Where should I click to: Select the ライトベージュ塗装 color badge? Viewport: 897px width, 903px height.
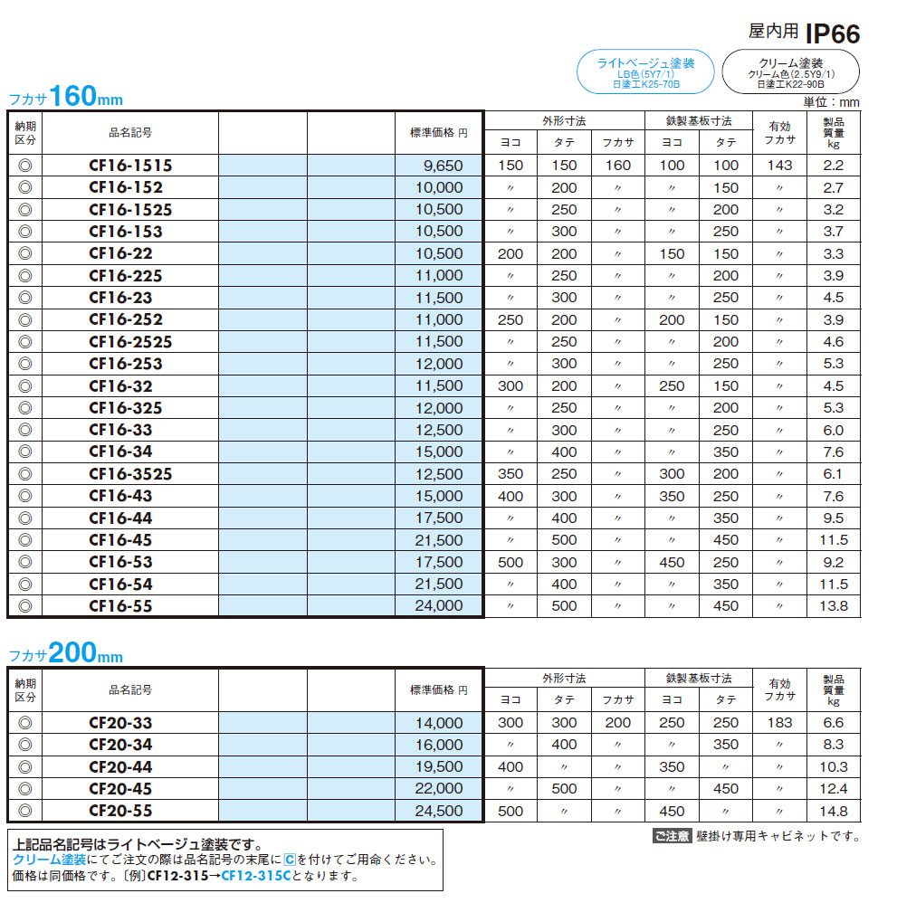coord(645,72)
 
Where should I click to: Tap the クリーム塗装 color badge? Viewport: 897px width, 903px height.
coord(791,72)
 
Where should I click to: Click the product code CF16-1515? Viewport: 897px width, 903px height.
coord(130,166)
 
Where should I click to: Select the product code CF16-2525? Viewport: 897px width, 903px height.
coord(130,342)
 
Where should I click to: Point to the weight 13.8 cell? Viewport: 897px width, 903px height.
coord(833,606)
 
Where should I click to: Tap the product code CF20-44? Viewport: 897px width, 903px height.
coord(120,766)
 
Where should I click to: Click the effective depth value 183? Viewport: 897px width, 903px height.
coord(778,723)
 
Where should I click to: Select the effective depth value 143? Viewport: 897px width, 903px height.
coord(778,166)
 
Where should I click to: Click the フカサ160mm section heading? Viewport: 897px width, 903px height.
coord(65,97)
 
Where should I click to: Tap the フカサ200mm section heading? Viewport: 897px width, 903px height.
coord(65,654)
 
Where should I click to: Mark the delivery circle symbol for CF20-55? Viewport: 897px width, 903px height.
coord(25,811)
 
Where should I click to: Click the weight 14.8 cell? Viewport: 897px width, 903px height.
coord(833,811)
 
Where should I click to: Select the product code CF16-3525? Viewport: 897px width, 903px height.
coord(130,474)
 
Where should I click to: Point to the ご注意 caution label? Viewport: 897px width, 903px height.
coord(671,837)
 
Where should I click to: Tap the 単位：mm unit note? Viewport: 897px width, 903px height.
coord(830,102)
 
